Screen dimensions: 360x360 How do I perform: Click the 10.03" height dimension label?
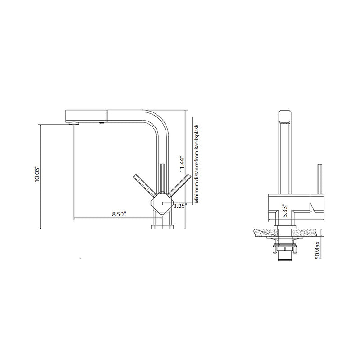(38, 174)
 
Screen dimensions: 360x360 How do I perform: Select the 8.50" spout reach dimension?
(119, 214)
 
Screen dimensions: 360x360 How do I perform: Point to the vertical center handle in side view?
(162, 178)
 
